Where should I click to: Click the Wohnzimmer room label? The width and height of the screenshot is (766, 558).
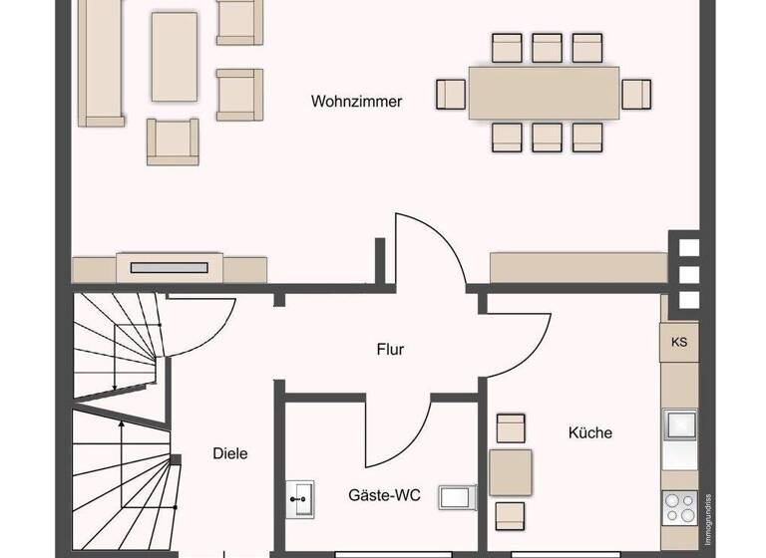point(356,102)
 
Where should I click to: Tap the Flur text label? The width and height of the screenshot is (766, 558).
point(390,350)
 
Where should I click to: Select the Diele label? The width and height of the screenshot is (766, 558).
point(229,453)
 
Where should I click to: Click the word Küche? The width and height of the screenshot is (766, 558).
point(589,432)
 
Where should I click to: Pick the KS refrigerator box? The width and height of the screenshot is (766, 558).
point(679,342)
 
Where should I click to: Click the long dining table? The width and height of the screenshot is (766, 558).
point(544,93)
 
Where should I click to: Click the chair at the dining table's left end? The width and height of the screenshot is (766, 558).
point(451,94)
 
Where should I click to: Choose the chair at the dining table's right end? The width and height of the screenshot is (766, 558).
point(636,94)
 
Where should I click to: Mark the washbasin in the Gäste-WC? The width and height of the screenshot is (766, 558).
point(300,494)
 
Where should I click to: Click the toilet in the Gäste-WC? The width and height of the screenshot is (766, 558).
point(458,496)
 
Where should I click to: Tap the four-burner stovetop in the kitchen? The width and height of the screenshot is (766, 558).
point(680,507)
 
